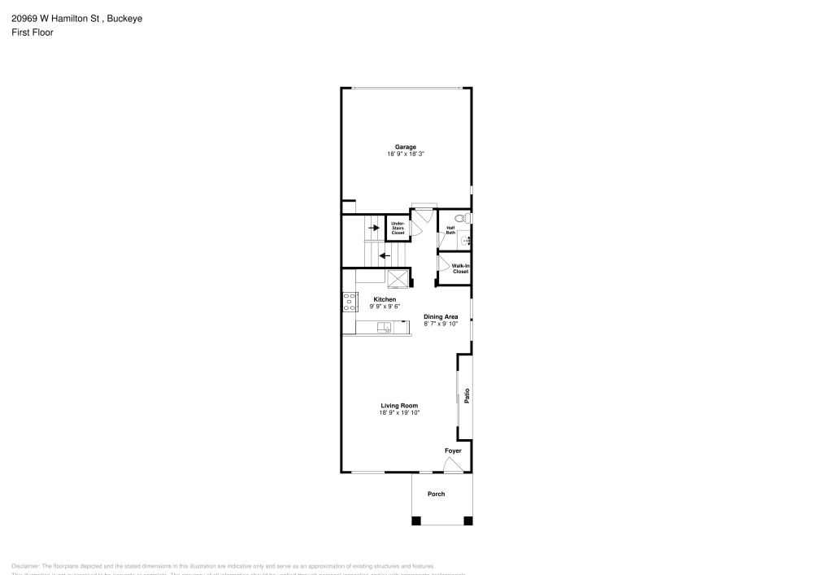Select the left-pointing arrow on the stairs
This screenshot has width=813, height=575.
(385, 255)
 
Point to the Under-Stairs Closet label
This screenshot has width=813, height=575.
(398, 228)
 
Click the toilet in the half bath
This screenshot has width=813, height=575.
(461, 218)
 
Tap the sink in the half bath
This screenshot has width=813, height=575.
(466, 240)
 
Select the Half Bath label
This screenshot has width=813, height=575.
(450, 230)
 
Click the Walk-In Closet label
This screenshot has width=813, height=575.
(460, 268)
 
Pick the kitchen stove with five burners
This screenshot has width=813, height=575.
(350, 302)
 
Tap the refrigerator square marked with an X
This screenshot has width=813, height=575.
(397, 278)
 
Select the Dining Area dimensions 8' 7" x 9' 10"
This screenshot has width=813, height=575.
(441, 324)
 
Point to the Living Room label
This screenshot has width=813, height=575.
(399, 405)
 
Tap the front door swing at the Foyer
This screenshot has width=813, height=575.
(452, 464)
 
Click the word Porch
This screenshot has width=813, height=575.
(437, 494)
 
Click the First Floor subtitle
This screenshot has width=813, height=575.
(33, 33)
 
